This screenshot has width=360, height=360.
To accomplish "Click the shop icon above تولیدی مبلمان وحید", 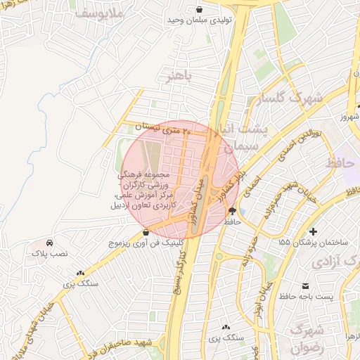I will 200,9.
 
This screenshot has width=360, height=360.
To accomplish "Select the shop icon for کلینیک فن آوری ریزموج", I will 146,232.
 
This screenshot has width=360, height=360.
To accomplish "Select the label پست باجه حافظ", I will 314,297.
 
